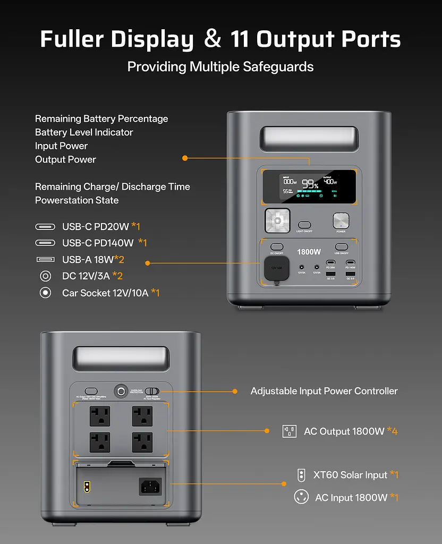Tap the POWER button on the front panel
point(341,221)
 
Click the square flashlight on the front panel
point(277,220)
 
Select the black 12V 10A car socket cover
point(277,268)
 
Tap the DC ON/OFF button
point(277,247)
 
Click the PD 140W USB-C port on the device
point(350,262)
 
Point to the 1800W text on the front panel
point(309,252)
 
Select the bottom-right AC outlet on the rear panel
point(142,442)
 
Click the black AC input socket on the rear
point(150,486)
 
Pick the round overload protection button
point(121,392)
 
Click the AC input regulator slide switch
point(152,391)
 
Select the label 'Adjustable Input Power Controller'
point(324,391)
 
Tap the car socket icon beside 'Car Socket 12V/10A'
point(46,292)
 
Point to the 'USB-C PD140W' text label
point(98,243)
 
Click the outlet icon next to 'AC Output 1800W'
point(289,431)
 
